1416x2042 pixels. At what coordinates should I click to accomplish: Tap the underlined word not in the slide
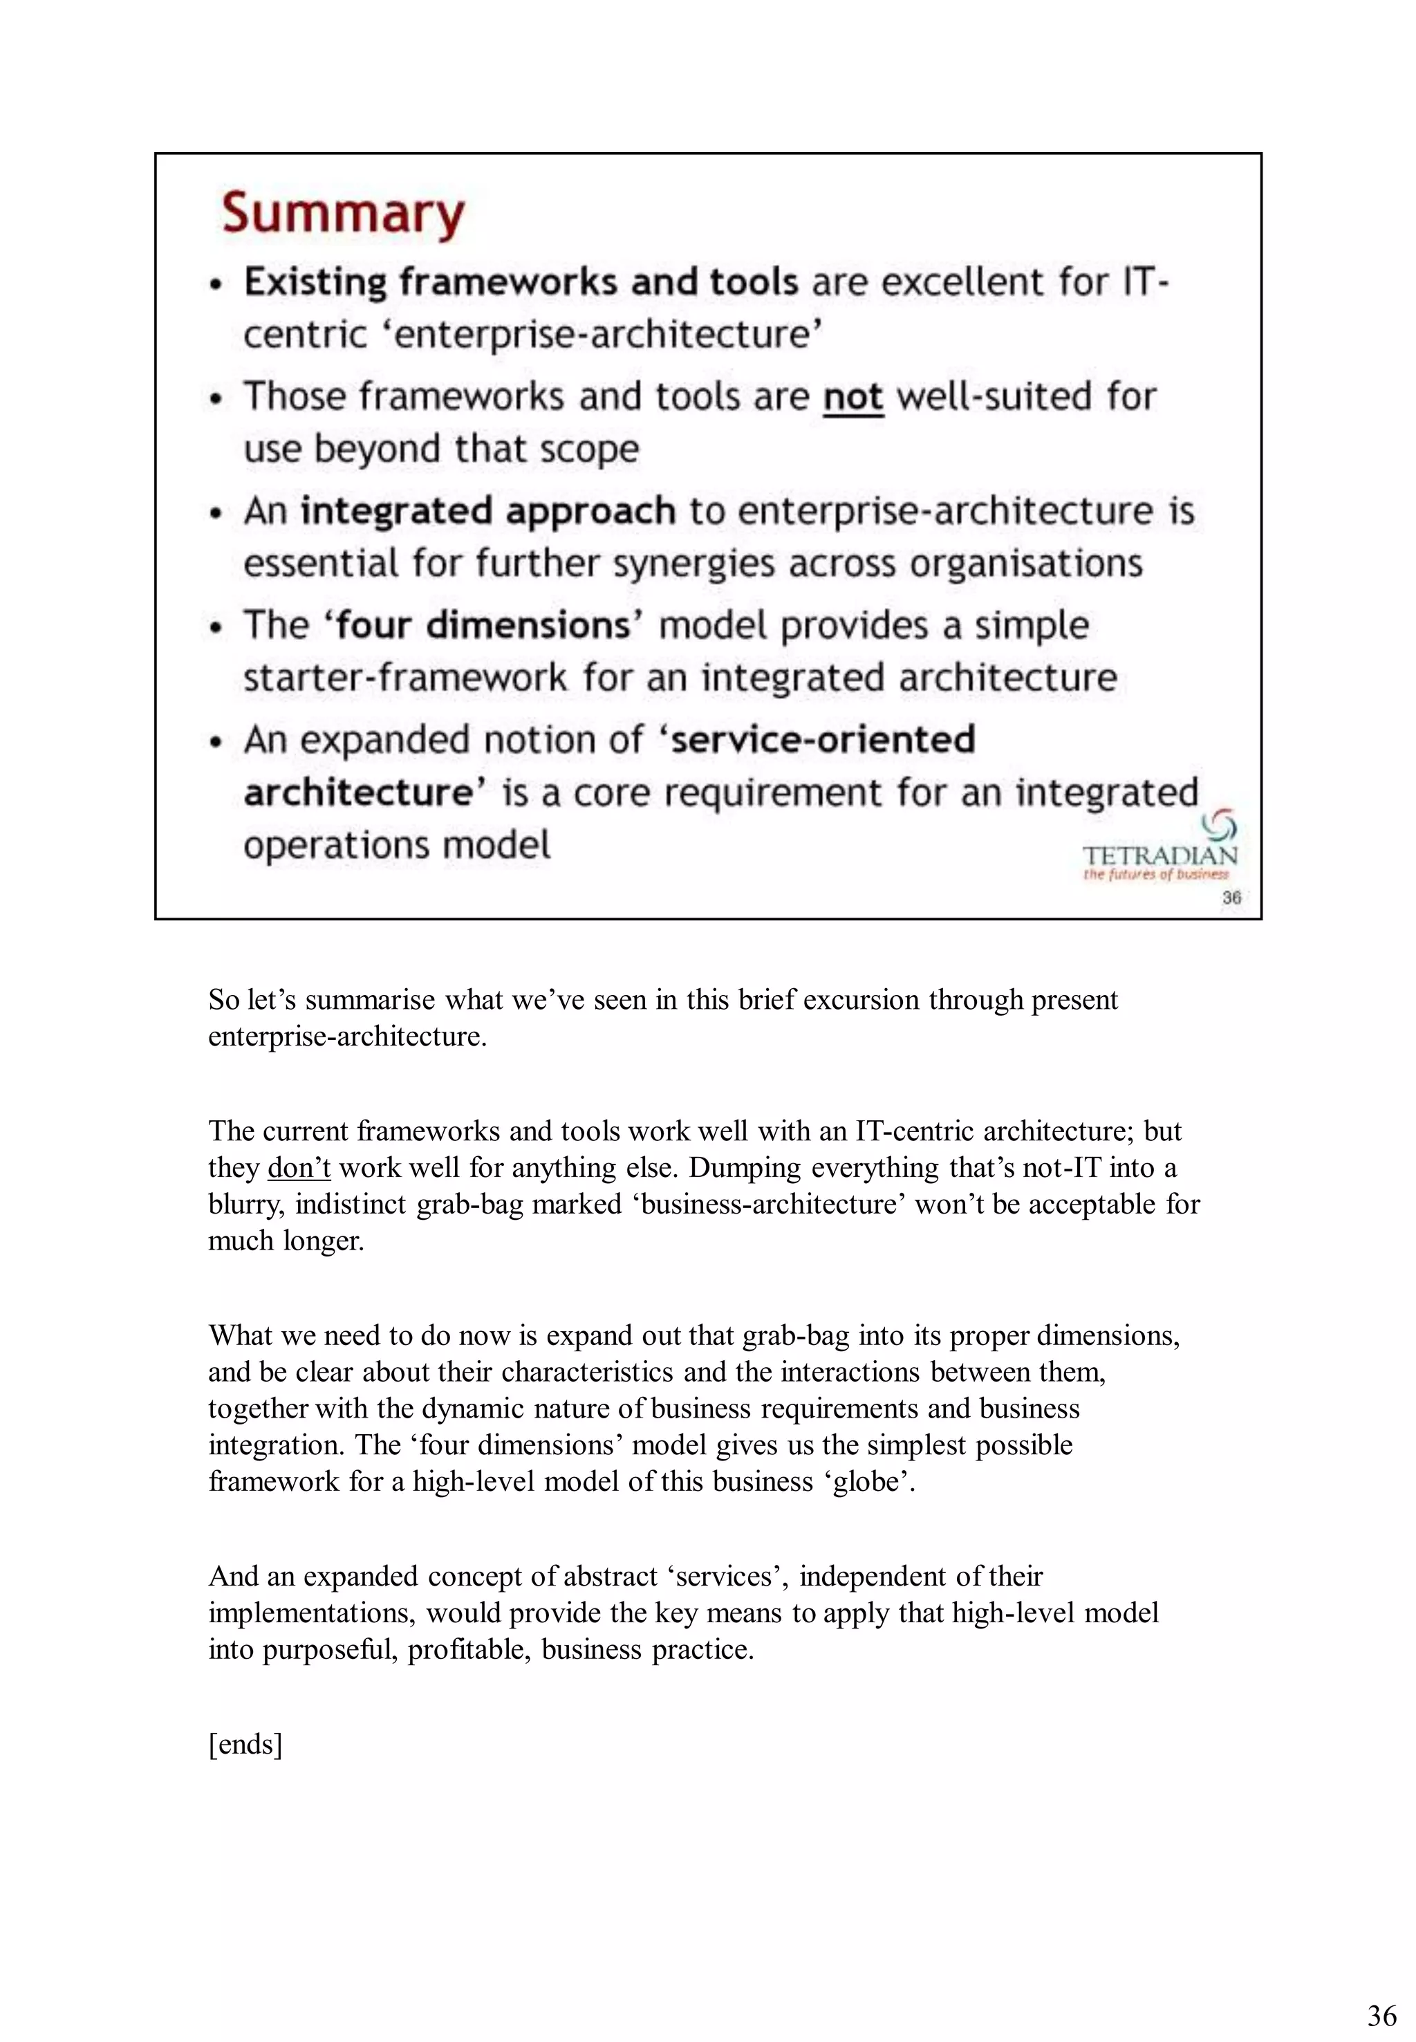(x=853, y=397)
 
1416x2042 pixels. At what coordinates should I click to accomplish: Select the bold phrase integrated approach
(x=488, y=511)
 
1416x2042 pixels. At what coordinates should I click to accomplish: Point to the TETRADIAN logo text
(x=1159, y=855)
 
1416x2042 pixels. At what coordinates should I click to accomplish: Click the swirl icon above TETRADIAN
(x=1219, y=826)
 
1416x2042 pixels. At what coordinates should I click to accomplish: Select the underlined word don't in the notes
(x=299, y=1168)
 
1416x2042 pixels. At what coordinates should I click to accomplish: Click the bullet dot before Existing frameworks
(x=215, y=285)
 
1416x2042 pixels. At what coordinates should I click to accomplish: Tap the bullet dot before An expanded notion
(x=215, y=742)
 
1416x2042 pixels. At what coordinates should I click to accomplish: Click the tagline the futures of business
(x=1155, y=875)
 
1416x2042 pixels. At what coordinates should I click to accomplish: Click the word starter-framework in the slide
(x=404, y=678)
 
